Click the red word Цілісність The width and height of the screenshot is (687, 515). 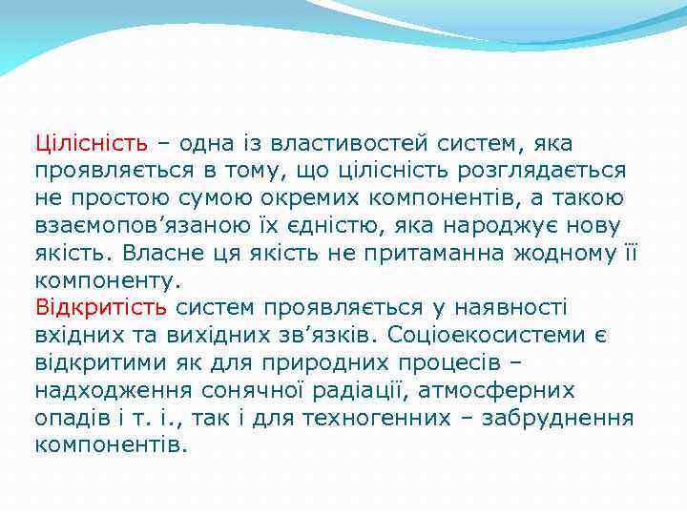tap(92, 144)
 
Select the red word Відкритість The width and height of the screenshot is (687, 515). tap(101, 308)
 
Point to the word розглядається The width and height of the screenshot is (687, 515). tap(550, 172)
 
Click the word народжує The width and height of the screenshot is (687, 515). tap(508, 226)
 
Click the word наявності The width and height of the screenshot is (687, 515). tap(509, 308)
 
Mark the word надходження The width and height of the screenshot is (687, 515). tap(114, 391)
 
